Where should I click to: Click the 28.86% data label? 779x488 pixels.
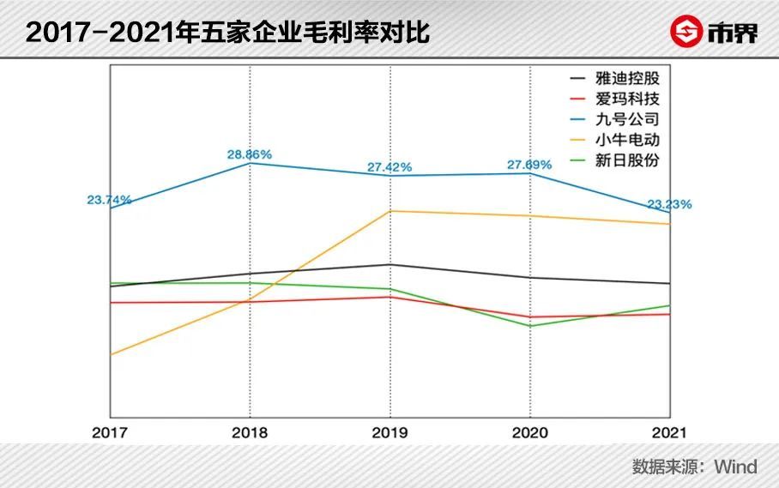(250, 154)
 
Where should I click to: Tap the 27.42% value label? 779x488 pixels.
(389, 167)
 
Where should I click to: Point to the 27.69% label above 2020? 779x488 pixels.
(529, 165)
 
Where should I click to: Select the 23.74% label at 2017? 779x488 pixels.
(109, 200)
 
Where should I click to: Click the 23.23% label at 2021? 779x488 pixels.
(669, 204)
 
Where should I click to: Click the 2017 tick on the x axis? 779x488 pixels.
(110, 432)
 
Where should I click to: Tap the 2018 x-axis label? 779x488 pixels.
(250, 432)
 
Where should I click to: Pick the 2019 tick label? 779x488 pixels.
(389, 432)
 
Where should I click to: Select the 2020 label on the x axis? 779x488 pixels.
(529, 432)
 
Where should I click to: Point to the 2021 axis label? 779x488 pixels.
(669, 432)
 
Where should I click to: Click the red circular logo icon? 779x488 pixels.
(686, 31)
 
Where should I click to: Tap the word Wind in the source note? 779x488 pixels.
(736, 467)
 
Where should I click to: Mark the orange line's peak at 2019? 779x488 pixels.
(390, 211)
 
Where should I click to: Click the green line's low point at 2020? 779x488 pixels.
(530, 326)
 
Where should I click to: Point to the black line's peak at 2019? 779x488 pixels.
(390, 265)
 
